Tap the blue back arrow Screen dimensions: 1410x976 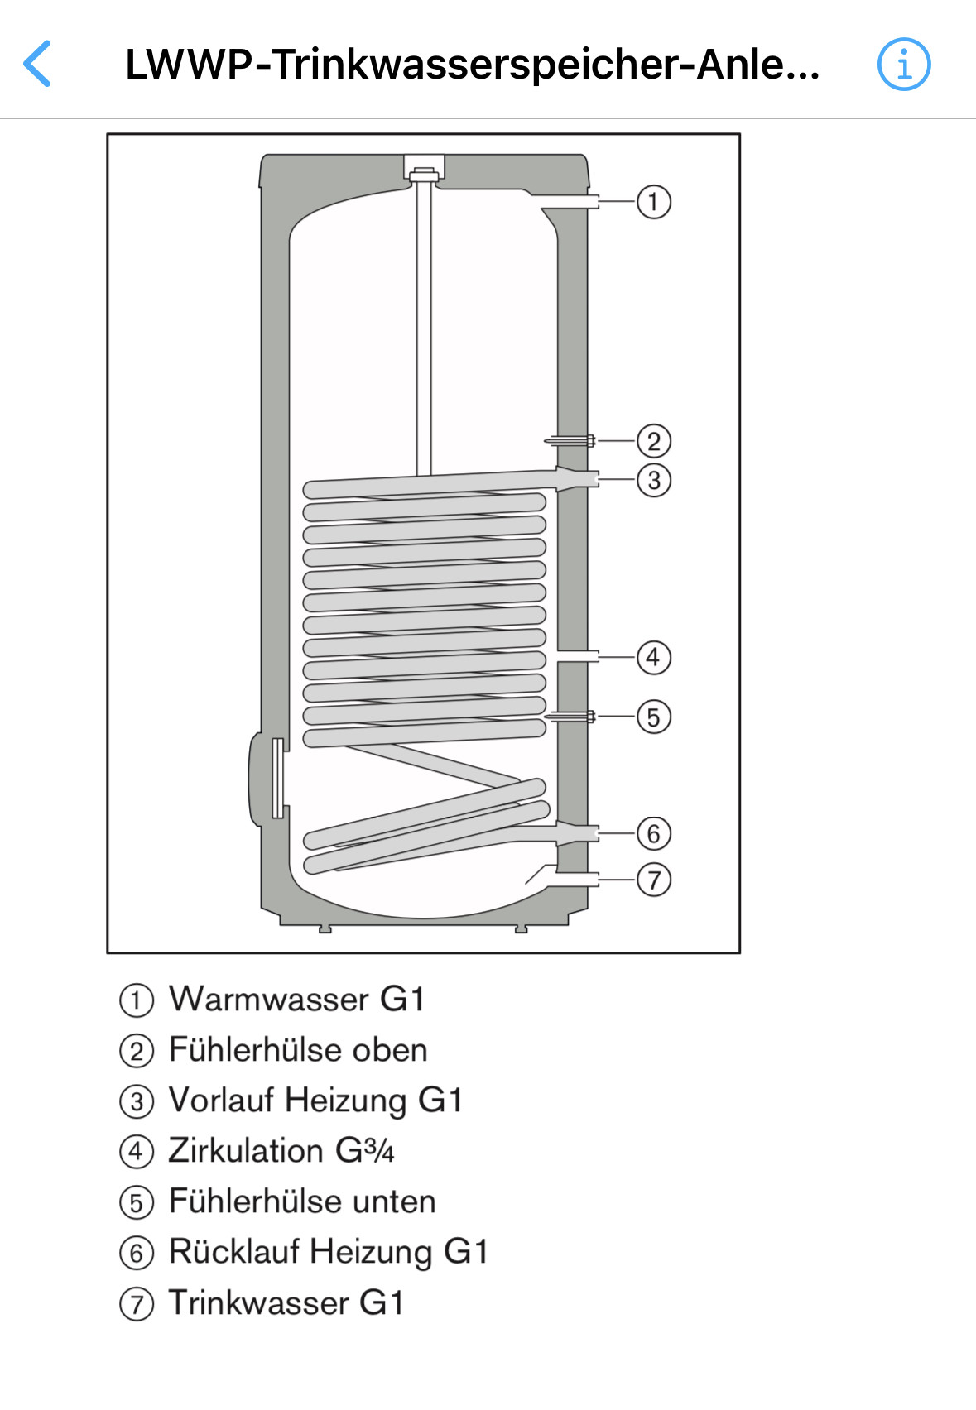click(37, 64)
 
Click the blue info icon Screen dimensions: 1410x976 click(903, 64)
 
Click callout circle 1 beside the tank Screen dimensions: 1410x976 click(653, 201)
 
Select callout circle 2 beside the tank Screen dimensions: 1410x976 click(653, 441)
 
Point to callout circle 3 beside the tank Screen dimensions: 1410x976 click(653, 480)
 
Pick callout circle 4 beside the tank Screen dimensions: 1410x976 click(653, 658)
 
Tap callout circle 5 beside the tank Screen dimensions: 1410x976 click(653, 717)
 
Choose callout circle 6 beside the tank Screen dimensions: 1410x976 click(653, 833)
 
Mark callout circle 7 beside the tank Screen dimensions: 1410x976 click(653, 880)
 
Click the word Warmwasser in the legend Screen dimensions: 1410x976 click(268, 1000)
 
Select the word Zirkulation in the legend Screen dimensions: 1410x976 click(245, 1151)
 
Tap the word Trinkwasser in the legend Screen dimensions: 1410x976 click(258, 1303)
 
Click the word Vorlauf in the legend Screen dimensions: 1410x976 click(221, 1101)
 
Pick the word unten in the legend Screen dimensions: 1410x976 click(392, 1201)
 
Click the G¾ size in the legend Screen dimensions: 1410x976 click(364, 1151)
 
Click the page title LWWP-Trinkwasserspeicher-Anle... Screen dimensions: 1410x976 click(472, 64)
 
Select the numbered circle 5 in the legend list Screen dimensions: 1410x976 click(137, 1202)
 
